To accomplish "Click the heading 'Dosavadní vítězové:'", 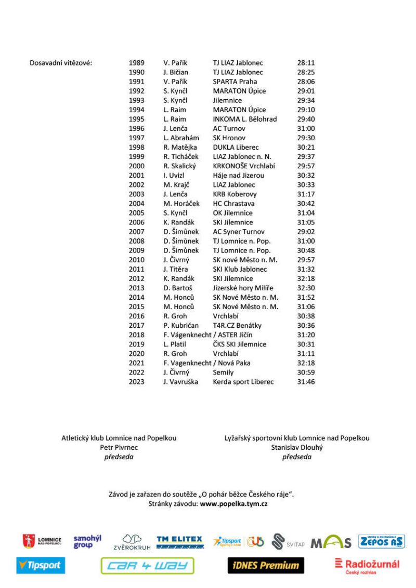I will pyautogui.click(x=62, y=63).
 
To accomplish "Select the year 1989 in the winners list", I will pyautogui.click(x=136, y=63).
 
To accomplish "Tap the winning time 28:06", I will pyautogui.click(x=306, y=82).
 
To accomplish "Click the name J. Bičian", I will pyautogui.click(x=176, y=72).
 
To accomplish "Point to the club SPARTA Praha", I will pyautogui.click(x=235, y=82).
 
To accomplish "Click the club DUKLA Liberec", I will pyautogui.click(x=236, y=147).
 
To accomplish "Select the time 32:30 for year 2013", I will pyautogui.click(x=306, y=288).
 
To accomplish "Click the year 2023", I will pyautogui.click(x=136, y=382).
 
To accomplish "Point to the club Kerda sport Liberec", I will pyautogui.click(x=243, y=382).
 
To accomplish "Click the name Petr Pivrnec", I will pyautogui.click(x=119, y=447).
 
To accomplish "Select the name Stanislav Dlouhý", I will pyautogui.click(x=297, y=447).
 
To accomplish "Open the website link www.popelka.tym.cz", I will pyautogui.click(x=233, y=503).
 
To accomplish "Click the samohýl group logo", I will pyautogui.click(x=87, y=542).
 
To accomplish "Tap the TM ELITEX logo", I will pyautogui.click(x=179, y=542).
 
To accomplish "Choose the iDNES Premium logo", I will pyautogui.click(x=265, y=565).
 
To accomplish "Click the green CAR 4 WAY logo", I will pyautogui.click(x=147, y=566).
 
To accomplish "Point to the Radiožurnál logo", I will pyautogui.click(x=367, y=565).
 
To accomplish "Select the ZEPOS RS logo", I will pyautogui.click(x=381, y=542).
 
